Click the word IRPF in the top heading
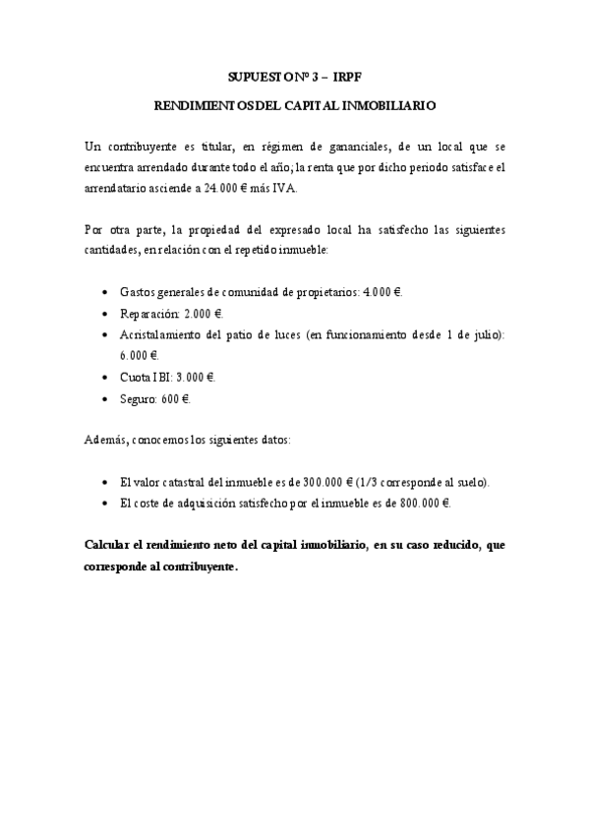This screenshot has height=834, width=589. click(348, 75)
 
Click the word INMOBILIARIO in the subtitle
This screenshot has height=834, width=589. click(381, 102)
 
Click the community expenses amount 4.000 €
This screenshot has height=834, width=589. click(383, 293)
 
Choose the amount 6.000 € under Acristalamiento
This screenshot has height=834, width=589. click(139, 355)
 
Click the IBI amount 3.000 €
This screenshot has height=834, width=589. click(197, 377)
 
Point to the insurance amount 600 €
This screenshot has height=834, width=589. click(177, 398)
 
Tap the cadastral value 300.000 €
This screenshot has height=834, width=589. click(329, 483)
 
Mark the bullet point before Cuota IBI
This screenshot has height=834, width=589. click(106, 378)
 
